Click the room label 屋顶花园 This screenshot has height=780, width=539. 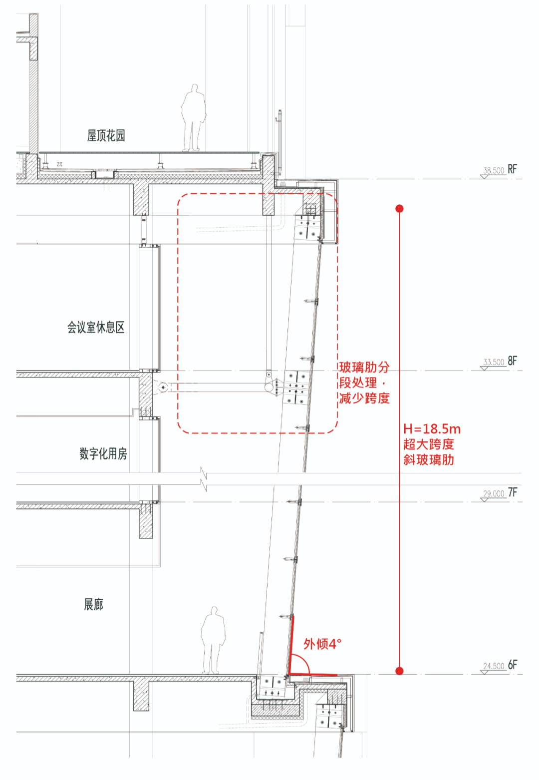point(106,135)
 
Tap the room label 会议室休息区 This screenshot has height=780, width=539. point(96,328)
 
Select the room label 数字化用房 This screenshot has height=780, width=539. point(103,453)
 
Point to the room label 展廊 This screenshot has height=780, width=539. point(94,605)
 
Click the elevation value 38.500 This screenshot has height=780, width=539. point(494,171)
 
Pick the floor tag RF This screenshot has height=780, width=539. point(513,169)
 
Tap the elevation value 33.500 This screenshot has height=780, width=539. point(494,362)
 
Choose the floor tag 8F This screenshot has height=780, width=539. point(513,361)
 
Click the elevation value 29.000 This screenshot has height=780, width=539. point(494,494)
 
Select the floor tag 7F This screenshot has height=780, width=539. point(513,492)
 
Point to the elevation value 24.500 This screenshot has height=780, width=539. point(494,666)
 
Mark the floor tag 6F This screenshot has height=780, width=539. point(513,665)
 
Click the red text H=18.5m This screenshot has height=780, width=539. point(432,429)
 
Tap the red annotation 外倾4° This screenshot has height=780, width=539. point(322,644)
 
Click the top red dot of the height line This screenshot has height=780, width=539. point(399,208)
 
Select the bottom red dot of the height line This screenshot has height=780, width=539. point(399,671)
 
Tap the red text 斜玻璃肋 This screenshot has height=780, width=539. point(429,460)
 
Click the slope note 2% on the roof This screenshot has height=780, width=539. point(59,164)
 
